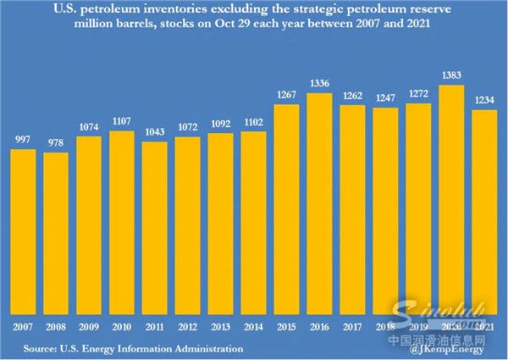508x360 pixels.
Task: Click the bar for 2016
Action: coord(320,203)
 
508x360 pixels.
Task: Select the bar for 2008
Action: coord(56,233)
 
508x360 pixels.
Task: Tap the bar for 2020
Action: coord(452,199)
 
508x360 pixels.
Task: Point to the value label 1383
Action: coord(452,76)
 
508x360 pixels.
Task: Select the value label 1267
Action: coord(287,95)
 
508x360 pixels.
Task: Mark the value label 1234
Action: coord(485,101)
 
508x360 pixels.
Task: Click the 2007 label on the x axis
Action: coord(23,327)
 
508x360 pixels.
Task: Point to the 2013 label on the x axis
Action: coord(221,327)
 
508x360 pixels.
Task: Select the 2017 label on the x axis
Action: coord(353,327)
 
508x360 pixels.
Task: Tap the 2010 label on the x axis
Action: coord(122,327)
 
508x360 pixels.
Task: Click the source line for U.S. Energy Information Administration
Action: coord(133,348)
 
